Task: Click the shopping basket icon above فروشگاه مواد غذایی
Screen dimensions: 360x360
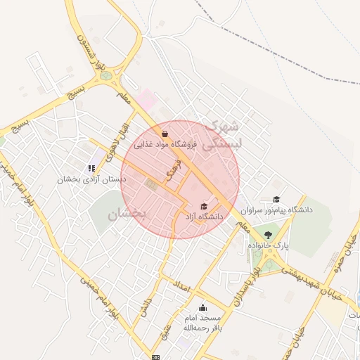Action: pos(165,133)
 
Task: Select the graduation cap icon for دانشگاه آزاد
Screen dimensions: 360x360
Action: pos(204,206)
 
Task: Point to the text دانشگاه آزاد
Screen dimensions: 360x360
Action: pos(204,217)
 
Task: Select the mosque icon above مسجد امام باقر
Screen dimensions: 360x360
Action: pos(203,307)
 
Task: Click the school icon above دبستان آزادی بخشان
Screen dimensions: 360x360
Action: pos(91,167)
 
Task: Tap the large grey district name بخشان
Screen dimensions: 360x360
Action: pos(127,214)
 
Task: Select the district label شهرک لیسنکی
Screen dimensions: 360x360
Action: pos(221,136)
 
